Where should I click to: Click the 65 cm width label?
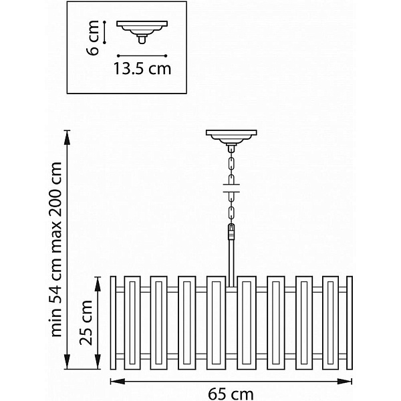(x=231, y=394)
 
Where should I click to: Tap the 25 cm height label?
(x=86, y=323)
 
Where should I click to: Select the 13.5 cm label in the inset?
(x=142, y=69)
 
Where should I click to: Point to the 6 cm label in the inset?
(x=92, y=37)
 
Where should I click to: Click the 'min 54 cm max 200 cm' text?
(x=57, y=249)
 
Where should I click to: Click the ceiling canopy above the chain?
(x=231, y=138)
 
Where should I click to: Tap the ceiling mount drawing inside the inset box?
(x=142, y=32)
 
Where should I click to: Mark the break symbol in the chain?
(x=231, y=188)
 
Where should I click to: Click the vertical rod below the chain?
(x=231, y=263)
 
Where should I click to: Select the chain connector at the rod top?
(x=231, y=231)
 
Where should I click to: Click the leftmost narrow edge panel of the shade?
(x=113, y=323)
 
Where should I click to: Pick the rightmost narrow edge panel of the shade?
(x=350, y=323)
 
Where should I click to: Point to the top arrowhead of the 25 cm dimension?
(x=98, y=285)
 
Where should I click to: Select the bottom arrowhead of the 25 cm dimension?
(x=98, y=362)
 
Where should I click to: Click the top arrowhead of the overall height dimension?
(x=67, y=138)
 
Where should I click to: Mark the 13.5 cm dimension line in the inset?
(x=142, y=55)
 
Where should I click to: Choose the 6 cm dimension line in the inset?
(x=104, y=32)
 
